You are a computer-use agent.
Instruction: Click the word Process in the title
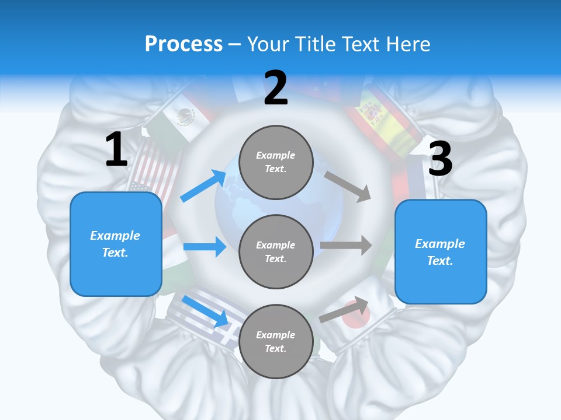[x=183, y=44]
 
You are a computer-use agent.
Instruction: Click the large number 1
[x=116, y=149]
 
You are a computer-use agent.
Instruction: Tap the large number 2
[x=276, y=88]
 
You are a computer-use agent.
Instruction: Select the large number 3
[x=440, y=159]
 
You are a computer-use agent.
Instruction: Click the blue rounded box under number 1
[x=116, y=244]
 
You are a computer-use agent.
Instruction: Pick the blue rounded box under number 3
[x=441, y=252]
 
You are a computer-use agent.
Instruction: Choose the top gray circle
[x=276, y=162]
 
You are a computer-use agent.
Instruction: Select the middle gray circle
[x=276, y=251]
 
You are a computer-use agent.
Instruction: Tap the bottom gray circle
[x=276, y=341]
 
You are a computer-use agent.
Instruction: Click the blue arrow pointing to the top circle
[x=203, y=186]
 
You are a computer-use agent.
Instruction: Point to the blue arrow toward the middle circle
[x=205, y=247]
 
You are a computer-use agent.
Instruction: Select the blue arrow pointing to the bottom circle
[x=205, y=311]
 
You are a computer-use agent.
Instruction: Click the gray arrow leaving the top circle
[x=348, y=186]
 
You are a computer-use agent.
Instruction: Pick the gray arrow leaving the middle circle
[x=346, y=246]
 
